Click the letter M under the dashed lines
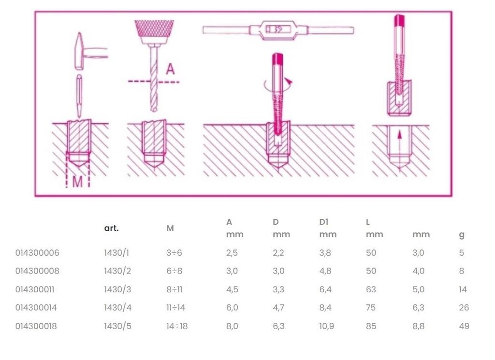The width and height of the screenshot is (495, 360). [77, 182]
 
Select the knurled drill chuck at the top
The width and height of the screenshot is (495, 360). [154, 31]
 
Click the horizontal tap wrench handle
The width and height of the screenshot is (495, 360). [278, 30]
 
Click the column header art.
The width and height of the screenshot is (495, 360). [111, 228]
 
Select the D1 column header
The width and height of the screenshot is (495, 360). [324, 222]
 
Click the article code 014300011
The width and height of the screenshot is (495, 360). [37, 289]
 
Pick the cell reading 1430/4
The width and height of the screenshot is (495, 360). [117, 308]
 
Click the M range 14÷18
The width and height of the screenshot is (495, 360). [176, 326]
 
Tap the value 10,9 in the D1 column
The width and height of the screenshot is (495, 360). [326, 326]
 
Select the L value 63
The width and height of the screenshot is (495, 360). [371, 289]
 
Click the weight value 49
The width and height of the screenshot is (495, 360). [464, 326]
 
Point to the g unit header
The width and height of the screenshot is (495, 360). [462, 235]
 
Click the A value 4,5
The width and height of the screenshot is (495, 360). [232, 289]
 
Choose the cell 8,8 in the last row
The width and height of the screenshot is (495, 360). [418, 326]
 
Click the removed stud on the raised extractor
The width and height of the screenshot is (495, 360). [399, 98]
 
